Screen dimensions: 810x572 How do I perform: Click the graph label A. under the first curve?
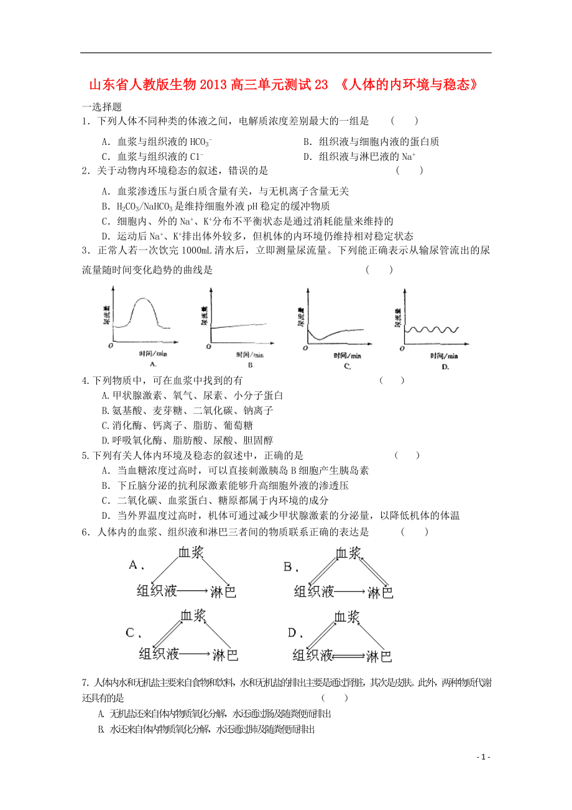pos(152,364)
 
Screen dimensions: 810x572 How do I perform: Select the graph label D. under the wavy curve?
pos(445,367)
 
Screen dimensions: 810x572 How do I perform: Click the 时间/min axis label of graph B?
pos(249,355)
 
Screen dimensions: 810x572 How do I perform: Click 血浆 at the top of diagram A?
pos(191,552)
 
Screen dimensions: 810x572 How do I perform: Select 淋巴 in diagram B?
pos(380,592)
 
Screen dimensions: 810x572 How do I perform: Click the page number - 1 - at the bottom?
pos(483,757)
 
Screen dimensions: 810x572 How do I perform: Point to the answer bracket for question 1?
pos(404,121)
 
